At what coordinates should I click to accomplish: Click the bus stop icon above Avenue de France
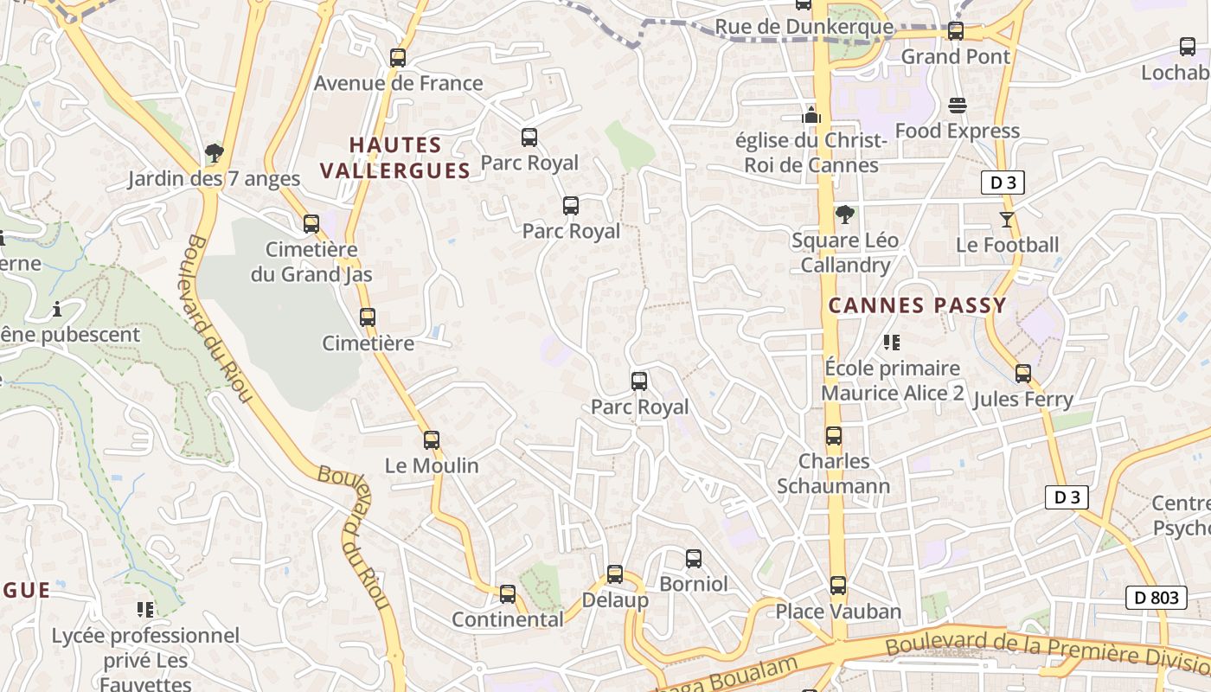click(x=398, y=58)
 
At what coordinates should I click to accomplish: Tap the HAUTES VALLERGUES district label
click(x=395, y=158)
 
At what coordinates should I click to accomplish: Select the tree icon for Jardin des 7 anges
click(x=215, y=154)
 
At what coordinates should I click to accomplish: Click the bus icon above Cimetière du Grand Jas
click(x=311, y=224)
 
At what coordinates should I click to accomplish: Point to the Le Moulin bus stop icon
click(x=432, y=440)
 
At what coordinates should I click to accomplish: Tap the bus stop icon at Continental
click(x=508, y=594)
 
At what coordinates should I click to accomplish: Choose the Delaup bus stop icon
click(x=615, y=574)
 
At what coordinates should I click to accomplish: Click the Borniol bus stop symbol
click(x=694, y=559)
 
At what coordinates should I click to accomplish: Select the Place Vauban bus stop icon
click(x=838, y=586)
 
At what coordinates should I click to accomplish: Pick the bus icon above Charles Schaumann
click(x=834, y=436)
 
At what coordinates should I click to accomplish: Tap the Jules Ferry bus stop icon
click(x=1023, y=374)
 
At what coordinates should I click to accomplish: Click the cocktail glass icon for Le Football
click(x=1007, y=219)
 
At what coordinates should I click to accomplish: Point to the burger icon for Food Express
click(x=958, y=106)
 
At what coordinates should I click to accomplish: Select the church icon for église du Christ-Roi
click(x=811, y=114)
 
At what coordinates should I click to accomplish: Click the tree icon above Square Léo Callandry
click(x=845, y=215)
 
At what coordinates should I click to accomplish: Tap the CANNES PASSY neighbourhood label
click(x=918, y=305)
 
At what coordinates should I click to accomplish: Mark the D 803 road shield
click(x=1156, y=597)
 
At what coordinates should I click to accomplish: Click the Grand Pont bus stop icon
click(x=956, y=31)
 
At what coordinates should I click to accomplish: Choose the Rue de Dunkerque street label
click(x=804, y=27)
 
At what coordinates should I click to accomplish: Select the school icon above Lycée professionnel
click(x=145, y=610)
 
